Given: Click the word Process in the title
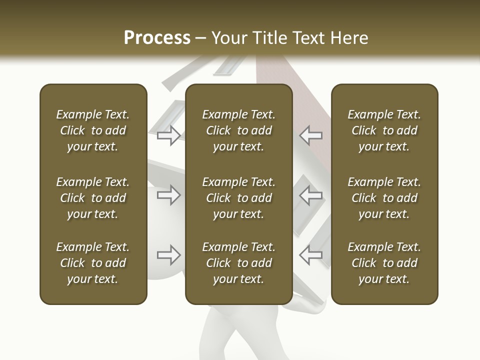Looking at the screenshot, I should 157,38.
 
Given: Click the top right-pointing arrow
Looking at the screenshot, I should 169,135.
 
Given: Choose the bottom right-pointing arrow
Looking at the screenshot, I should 169,255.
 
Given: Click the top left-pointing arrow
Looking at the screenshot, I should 310,135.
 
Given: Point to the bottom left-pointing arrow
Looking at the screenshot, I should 310,255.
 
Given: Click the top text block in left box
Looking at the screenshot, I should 93,130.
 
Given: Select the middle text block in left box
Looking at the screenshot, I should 93,198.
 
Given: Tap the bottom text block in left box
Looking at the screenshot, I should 93,263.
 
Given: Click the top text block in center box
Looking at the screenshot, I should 239,130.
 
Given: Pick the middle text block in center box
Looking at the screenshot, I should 239,198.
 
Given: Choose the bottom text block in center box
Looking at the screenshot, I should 239,263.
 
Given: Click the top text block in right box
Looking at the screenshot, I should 384,130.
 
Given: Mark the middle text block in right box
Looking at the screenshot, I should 384,198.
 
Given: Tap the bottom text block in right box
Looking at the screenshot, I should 384,263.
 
